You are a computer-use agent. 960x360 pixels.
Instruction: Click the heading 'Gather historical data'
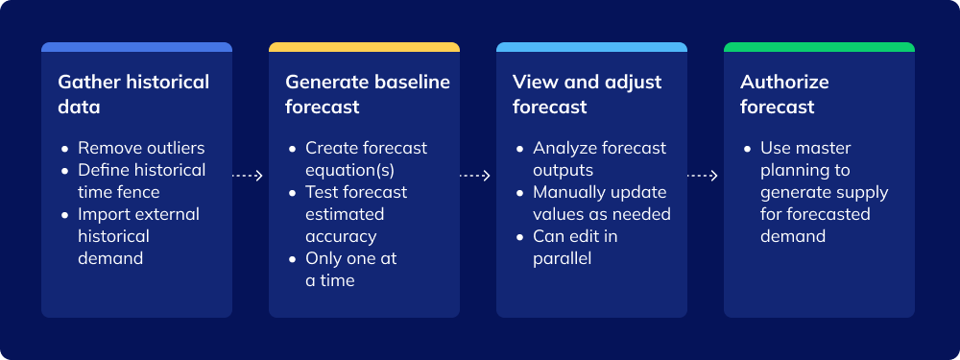[x=133, y=94]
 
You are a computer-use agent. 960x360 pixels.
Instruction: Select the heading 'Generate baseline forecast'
[x=367, y=94]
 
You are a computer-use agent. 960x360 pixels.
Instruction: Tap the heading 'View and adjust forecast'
[x=587, y=94]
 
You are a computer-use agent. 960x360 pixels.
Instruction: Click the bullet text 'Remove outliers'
[x=141, y=148]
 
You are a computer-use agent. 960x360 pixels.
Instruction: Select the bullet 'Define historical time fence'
[x=141, y=180]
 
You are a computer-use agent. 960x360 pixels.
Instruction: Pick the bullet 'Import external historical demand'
[x=138, y=236]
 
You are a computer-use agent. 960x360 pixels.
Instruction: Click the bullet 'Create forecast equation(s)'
[x=366, y=158]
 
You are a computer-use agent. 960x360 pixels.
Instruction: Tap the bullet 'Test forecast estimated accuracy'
[x=355, y=214]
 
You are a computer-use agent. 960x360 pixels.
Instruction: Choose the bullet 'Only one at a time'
[x=350, y=269]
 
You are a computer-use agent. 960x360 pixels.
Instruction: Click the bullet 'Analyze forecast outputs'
[x=599, y=158]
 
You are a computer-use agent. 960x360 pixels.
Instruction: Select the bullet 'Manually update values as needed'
[x=601, y=203]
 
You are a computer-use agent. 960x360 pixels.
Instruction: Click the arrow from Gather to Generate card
[x=249, y=176]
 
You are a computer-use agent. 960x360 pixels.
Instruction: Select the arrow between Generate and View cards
[x=476, y=176]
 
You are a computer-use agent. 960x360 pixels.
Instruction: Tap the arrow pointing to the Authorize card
[x=704, y=176]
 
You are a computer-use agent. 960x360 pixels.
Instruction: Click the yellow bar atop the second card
[x=364, y=47]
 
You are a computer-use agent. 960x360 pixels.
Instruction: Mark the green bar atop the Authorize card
[x=819, y=47]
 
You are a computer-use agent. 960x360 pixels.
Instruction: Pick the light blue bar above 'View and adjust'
[x=591, y=47]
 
